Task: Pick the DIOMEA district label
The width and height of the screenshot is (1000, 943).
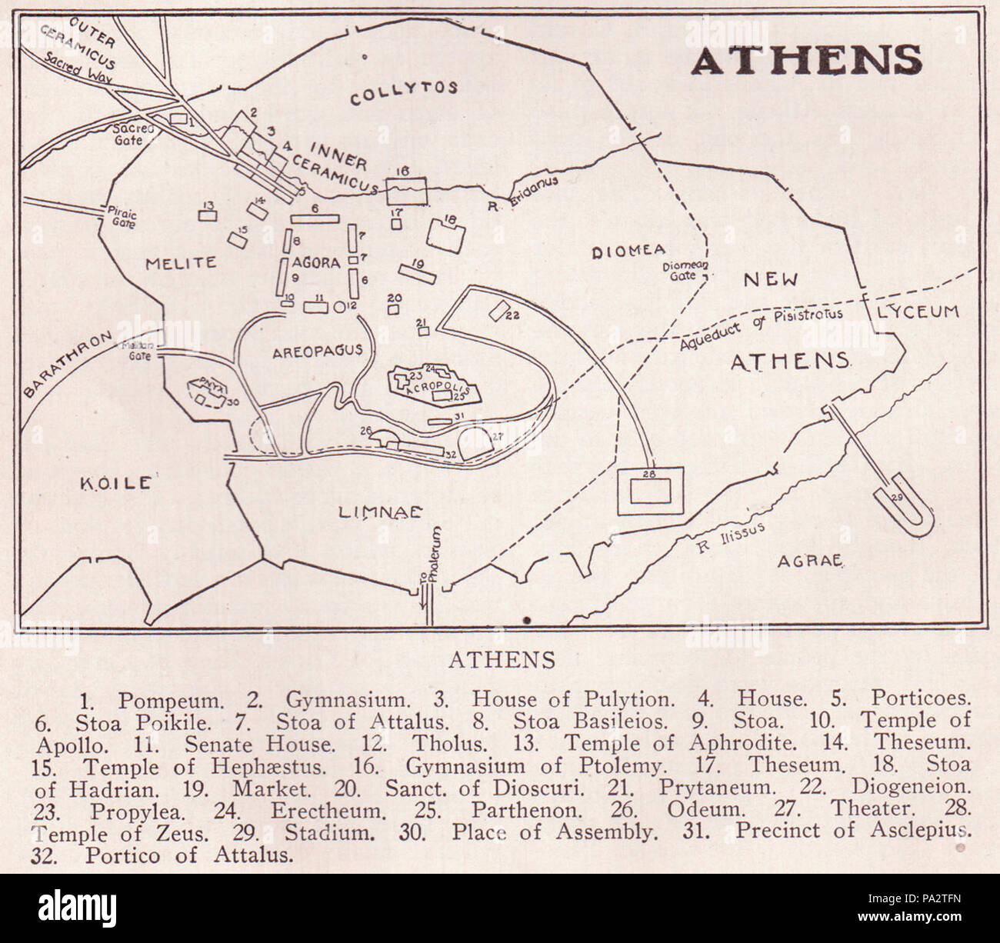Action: (628, 251)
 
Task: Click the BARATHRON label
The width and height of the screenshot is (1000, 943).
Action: (67, 363)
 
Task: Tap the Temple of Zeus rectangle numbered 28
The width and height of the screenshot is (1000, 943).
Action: (650, 491)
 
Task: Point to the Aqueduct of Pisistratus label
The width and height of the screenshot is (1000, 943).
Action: (762, 328)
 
